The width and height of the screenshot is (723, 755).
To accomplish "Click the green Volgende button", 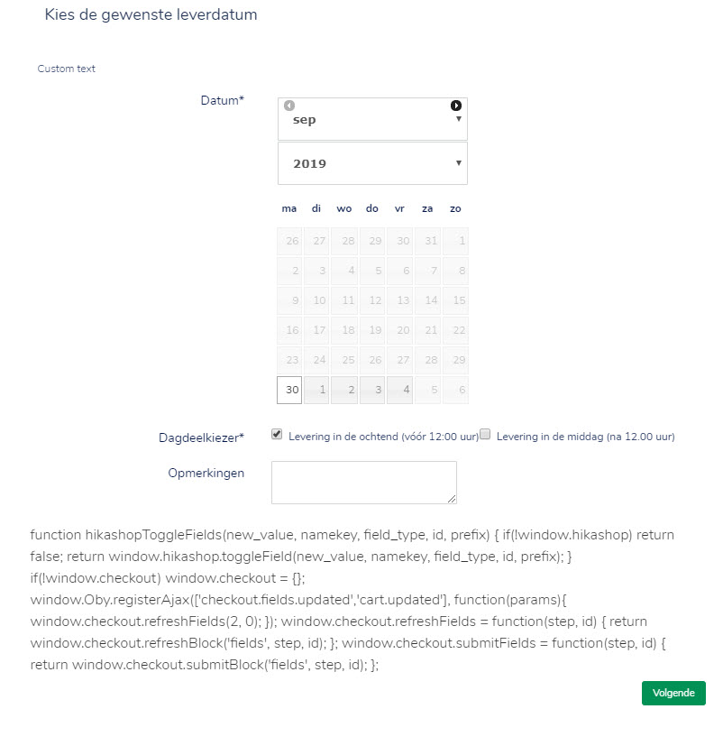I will [673, 693].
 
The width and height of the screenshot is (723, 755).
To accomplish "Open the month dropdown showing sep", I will [372, 119].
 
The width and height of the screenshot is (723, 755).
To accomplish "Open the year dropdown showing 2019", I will [372, 163].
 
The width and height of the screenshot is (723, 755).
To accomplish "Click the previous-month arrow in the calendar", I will [289, 106].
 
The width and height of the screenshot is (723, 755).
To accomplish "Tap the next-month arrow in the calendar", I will [456, 106].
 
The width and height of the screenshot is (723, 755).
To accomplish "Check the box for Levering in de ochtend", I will [277, 434].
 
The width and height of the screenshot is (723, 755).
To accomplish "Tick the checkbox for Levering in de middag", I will [485, 434].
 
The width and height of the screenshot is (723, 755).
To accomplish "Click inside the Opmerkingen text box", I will [363, 482].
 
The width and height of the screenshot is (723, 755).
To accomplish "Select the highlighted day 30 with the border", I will [289, 391].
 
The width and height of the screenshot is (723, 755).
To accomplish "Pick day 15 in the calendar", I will [456, 300].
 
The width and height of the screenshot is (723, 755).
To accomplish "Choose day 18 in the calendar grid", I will [345, 330].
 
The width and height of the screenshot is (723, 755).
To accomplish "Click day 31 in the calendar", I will [428, 241].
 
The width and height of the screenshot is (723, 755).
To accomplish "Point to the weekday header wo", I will [344, 208].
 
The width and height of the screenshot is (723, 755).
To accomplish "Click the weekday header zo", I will [455, 208].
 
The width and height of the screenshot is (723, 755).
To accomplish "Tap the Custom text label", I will [66, 69].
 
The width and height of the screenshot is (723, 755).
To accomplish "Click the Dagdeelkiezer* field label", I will [201, 437].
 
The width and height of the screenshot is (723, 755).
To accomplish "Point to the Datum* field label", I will [222, 100].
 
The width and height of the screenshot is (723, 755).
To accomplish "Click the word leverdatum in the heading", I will [217, 15].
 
